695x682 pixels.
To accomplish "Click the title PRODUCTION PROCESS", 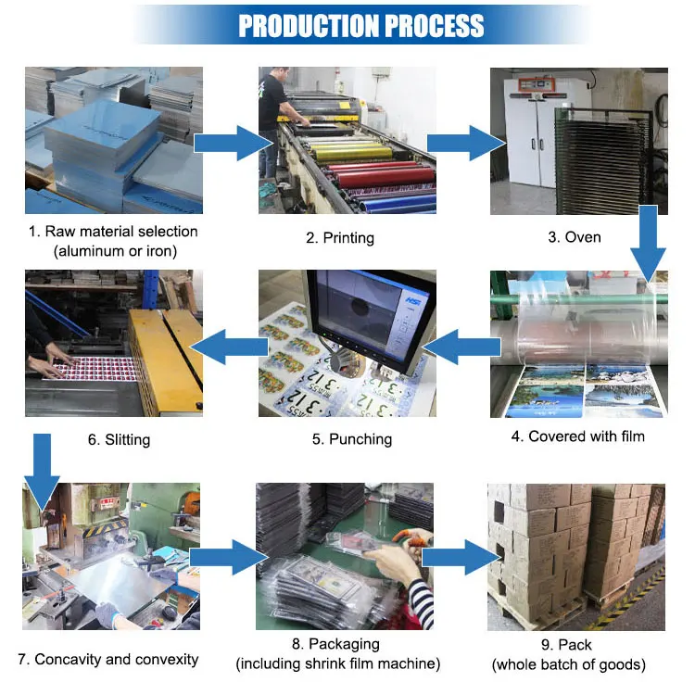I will pos(360,25).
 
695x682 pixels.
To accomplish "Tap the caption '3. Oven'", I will pos(575,238).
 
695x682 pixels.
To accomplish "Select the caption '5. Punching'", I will pos(347,439).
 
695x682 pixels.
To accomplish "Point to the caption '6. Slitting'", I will pos(119,439).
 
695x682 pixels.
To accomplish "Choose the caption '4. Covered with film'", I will pos(576,436).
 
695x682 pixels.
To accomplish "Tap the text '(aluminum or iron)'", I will pos(114,250).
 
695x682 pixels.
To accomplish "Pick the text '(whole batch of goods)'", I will pos(569,663).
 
